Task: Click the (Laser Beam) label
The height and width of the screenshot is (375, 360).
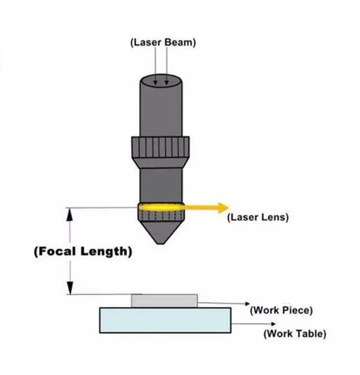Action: click(x=163, y=43)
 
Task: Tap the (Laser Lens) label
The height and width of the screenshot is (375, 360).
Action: click(x=258, y=217)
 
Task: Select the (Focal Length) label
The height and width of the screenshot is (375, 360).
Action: click(x=83, y=252)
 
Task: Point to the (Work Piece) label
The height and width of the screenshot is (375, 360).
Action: click(x=281, y=311)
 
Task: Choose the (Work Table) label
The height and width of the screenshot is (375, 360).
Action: click(x=295, y=334)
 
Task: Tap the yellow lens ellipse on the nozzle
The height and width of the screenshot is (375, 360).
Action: click(x=162, y=207)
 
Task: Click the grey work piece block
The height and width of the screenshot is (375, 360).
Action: click(x=164, y=301)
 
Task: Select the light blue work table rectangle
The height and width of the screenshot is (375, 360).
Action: click(x=165, y=320)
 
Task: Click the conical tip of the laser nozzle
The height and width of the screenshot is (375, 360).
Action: click(x=161, y=233)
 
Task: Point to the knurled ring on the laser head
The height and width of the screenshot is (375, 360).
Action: click(x=160, y=147)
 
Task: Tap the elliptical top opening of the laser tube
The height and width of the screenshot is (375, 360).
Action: click(x=160, y=81)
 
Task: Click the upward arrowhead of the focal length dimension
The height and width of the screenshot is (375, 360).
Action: click(x=70, y=214)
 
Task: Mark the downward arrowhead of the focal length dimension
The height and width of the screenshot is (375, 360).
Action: click(x=70, y=288)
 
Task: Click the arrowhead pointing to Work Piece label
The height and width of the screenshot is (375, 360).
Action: click(x=247, y=304)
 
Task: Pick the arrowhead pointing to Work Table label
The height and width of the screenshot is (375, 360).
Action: click(x=274, y=324)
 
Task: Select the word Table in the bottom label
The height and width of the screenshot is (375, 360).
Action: click(x=309, y=334)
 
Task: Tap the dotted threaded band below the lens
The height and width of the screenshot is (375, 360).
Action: click(x=162, y=216)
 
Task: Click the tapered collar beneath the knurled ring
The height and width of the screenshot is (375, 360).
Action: click(x=160, y=163)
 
